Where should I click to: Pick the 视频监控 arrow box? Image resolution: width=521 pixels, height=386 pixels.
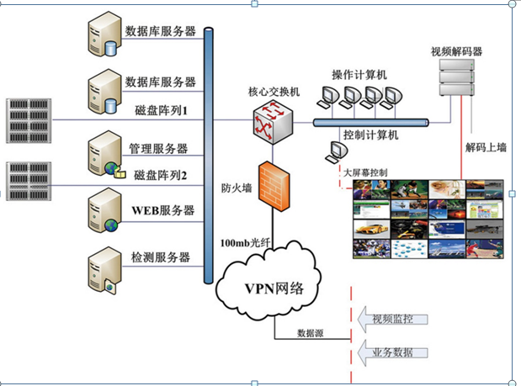tap(394, 319)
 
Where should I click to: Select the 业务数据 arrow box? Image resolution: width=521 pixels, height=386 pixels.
tap(394, 352)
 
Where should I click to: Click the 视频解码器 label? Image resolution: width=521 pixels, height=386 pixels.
tap(456, 50)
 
